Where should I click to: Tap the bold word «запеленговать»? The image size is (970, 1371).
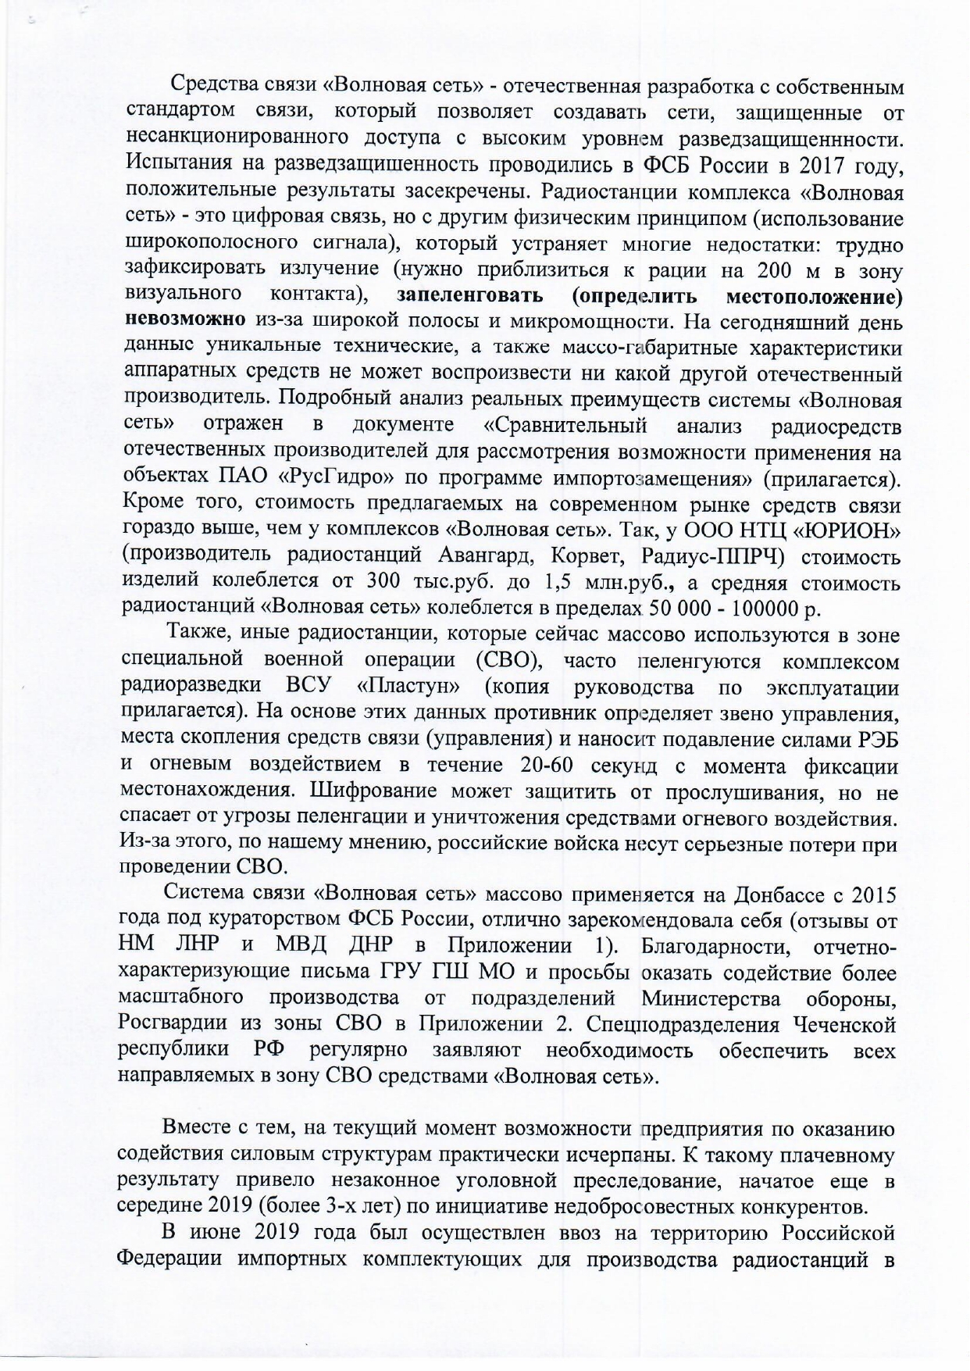[470, 297]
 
